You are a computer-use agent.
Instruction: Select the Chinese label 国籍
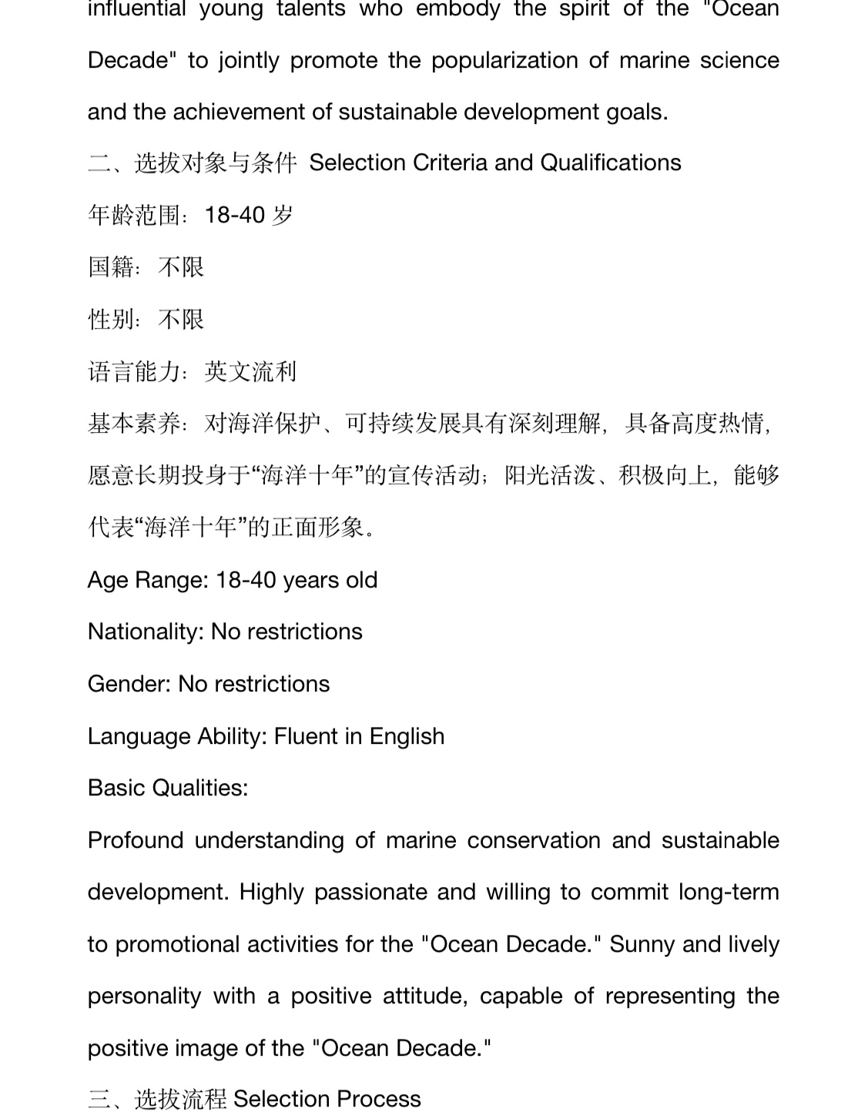[x=111, y=267]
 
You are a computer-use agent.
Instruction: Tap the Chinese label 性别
[x=111, y=319]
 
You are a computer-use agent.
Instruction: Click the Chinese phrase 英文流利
[x=250, y=371]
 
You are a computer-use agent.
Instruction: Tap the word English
[x=407, y=736]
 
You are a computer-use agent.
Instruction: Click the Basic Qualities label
[x=168, y=788]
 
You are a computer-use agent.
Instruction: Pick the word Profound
[x=136, y=840]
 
